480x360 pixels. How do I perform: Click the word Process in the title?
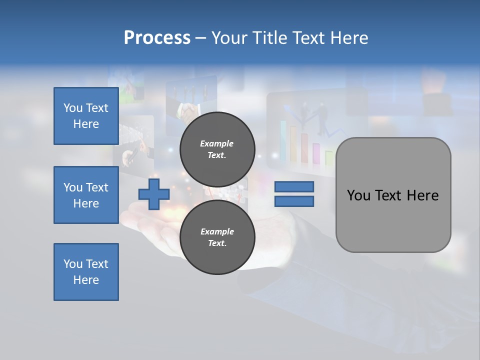click(x=157, y=38)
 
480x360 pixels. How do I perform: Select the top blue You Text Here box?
click(x=86, y=116)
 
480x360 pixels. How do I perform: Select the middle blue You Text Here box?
click(x=86, y=195)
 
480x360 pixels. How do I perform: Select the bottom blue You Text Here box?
click(x=86, y=272)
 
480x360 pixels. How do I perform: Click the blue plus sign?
click(x=153, y=194)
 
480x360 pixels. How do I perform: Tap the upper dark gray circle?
click(x=217, y=149)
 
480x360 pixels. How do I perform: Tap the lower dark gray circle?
click(x=217, y=237)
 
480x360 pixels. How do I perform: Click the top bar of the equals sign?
click(x=294, y=187)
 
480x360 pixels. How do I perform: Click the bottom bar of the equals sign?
click(x=294, y=201)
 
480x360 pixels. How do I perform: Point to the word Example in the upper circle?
click(x=216, y=143)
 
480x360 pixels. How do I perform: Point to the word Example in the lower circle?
click(x=216, y=231)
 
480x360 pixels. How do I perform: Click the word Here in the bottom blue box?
click(x=86, y=280)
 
